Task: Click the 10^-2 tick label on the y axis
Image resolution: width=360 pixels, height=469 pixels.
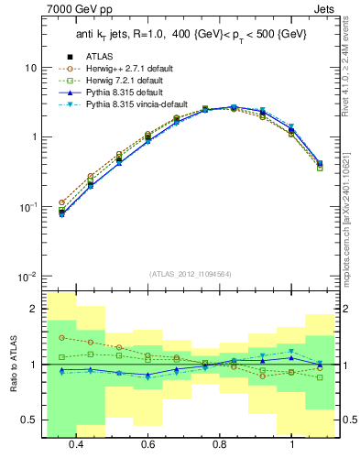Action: tap(27, 277)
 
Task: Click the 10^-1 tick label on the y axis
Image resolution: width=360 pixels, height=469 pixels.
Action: tap(27, 207)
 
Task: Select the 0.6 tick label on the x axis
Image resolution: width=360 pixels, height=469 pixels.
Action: tap(147, 444)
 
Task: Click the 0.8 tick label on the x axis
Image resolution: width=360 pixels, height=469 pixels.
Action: tap(220, 444)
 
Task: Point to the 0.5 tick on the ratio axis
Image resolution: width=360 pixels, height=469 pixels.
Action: tap(30, 420)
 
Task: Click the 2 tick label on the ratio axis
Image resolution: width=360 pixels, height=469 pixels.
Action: tap(33, 309)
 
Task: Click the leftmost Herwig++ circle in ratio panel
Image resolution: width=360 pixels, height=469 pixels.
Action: tap(61, 337)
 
